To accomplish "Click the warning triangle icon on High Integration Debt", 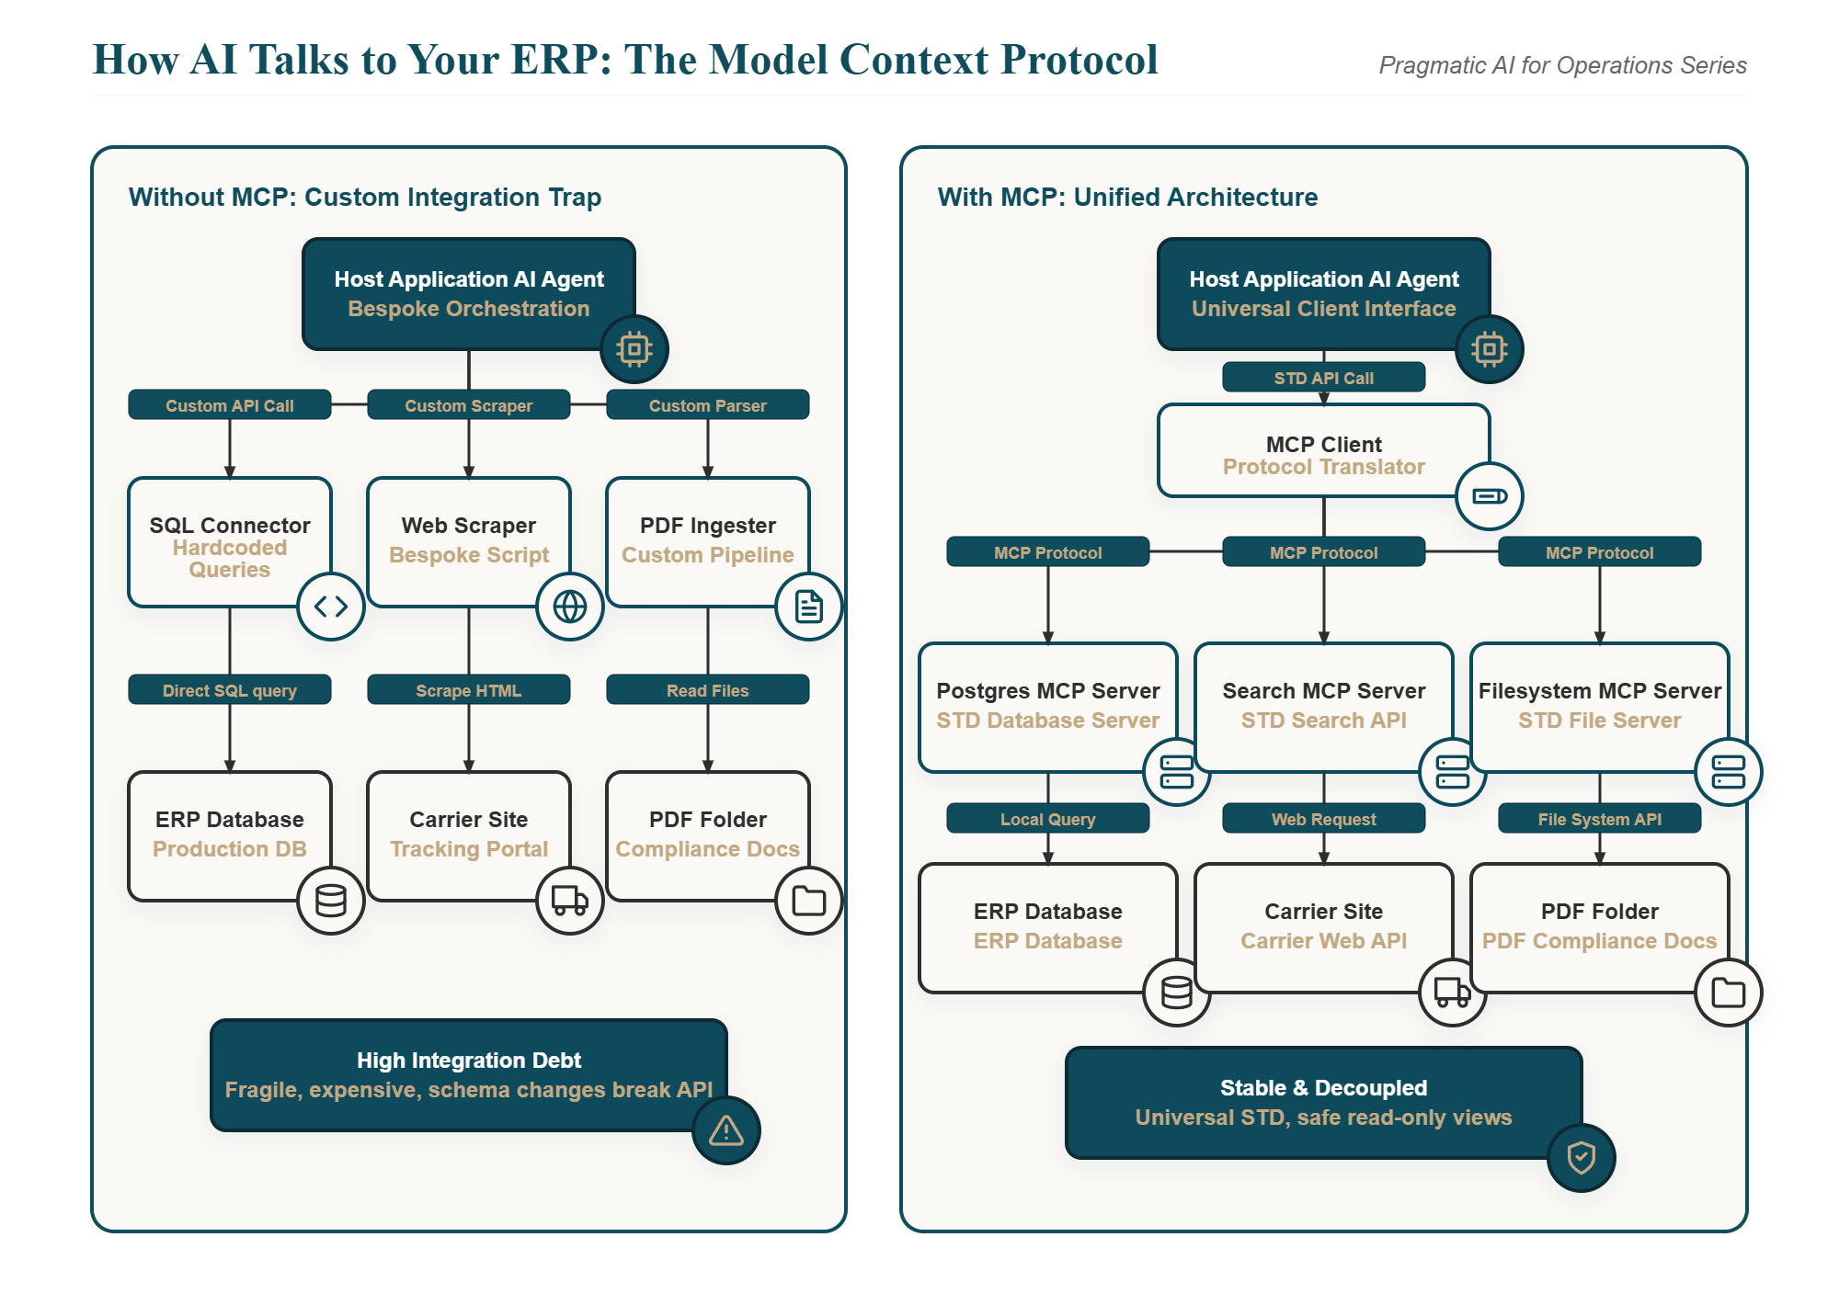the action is click(726, 1130).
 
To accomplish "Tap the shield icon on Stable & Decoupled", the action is click(1582, 1158).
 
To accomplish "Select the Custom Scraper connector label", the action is click(469, 405).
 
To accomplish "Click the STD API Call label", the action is click(1324, 378).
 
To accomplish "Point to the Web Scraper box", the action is click(469, 542).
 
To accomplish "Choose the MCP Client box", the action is click(1324, 450).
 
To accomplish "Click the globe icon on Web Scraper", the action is click(570, 607).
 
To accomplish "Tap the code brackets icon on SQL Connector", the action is click(331, 607).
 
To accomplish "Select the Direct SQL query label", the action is click(230, 690).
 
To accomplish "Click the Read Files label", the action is click(708, 690).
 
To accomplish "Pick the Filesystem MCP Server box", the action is click(1600, 708).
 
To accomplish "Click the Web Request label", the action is click(1324, 819).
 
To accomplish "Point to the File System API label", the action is click(1600, 819).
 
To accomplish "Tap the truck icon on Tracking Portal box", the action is click(570, 901).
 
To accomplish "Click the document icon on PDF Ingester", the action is click(809, 607).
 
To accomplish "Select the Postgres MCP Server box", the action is click(1048, 708).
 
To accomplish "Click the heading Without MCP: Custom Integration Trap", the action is click(365, 197).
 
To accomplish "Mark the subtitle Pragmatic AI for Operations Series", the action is click(1563, 65).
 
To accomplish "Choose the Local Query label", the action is click(1048, 819).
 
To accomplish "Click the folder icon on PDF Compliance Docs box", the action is click(1729, 993).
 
